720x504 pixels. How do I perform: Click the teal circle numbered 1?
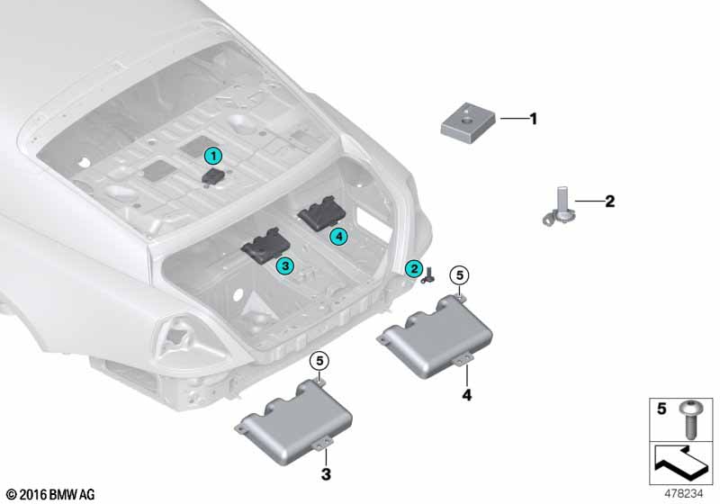(x=213, y=156)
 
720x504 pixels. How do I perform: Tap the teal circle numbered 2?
(x=414, y=268)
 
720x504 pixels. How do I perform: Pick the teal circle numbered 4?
(x=339, y=236)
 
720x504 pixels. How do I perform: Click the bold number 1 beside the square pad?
(x=533, y=119)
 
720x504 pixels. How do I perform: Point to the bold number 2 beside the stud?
(x=610, y=201)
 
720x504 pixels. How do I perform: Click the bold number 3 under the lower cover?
(x=326, y=474)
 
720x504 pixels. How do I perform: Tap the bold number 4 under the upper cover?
(x=467, y=395)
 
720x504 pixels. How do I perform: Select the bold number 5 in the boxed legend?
(x=661, y=408)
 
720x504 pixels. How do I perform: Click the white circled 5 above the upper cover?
(x=460, y=275)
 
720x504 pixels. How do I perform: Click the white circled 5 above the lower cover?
(x=319, y=361)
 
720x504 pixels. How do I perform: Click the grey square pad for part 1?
(x=468, y=122)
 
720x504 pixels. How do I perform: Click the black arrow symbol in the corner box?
(x=680, y=463)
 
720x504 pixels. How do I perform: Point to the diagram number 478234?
(x=684, y=494)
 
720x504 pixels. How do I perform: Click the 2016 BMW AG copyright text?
(x=51, y=495)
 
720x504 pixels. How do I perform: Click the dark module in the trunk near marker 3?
(x=265, y=246)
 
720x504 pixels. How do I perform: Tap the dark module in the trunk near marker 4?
(x=322, y=213)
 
